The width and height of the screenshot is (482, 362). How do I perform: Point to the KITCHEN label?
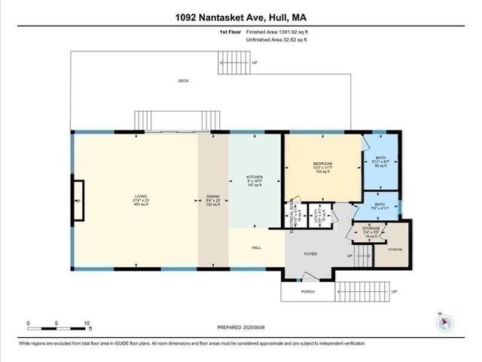point(255,179)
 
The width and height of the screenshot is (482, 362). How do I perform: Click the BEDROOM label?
point(322,164)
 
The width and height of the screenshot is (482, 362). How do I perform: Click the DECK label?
point(183,80)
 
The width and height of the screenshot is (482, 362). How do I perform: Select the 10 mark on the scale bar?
point(87,323)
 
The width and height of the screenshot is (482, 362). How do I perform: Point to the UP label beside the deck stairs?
point(254,63)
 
